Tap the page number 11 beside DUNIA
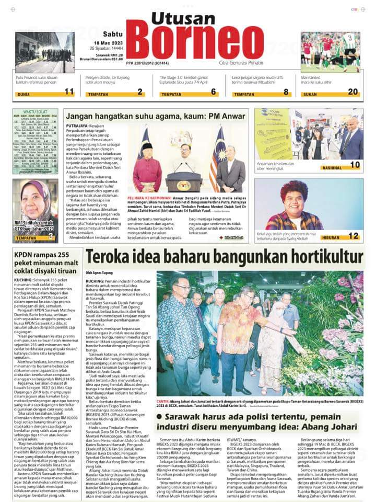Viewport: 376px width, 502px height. [69, 92]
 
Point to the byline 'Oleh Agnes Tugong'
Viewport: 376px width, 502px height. [99, 272]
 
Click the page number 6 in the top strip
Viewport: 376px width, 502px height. [213, 92]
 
